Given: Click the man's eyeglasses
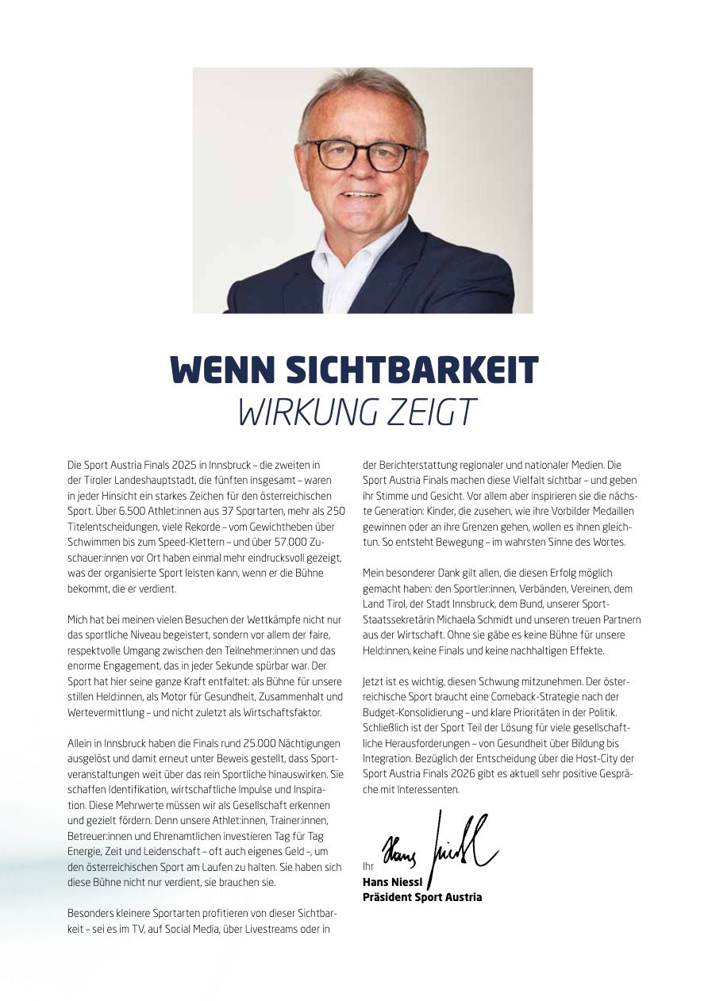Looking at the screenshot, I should pyautogui.click(x=361, y=154).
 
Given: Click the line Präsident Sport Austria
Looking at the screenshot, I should pyautogui.click(x=421, y=897).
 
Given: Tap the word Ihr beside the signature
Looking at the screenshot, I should pyautogui.click(x=367, y=867).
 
